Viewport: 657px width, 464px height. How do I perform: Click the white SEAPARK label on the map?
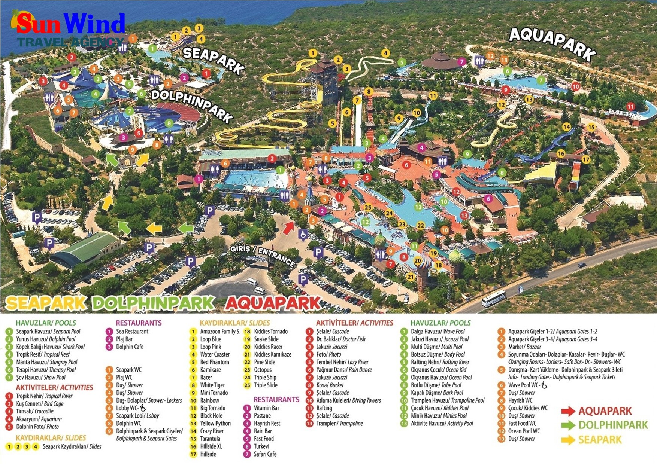pos(213,60)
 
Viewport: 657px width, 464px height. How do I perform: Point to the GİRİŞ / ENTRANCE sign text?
pos(262,254)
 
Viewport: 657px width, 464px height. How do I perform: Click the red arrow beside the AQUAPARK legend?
pos(568,411)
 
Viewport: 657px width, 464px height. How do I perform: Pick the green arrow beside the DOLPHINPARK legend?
pos(568,425)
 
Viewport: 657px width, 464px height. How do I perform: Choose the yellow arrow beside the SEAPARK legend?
pos(568,440)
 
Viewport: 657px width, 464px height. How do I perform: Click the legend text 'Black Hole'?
pos(211,416)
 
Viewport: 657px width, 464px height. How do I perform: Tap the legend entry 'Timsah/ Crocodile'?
pos(34,411)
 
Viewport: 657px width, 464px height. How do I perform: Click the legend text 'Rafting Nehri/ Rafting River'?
pos(440,362)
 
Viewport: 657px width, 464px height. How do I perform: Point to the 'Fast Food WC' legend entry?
pos(522,423)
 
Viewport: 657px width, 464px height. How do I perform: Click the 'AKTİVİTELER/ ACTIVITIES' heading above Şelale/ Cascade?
pos(354,323)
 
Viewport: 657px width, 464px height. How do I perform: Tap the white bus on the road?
pos(493,299)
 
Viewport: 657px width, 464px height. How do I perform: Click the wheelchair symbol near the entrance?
pos(303,235)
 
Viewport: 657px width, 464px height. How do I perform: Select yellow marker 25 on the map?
pos(368,207)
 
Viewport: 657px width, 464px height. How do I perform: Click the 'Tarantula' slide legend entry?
pos(210,439)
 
